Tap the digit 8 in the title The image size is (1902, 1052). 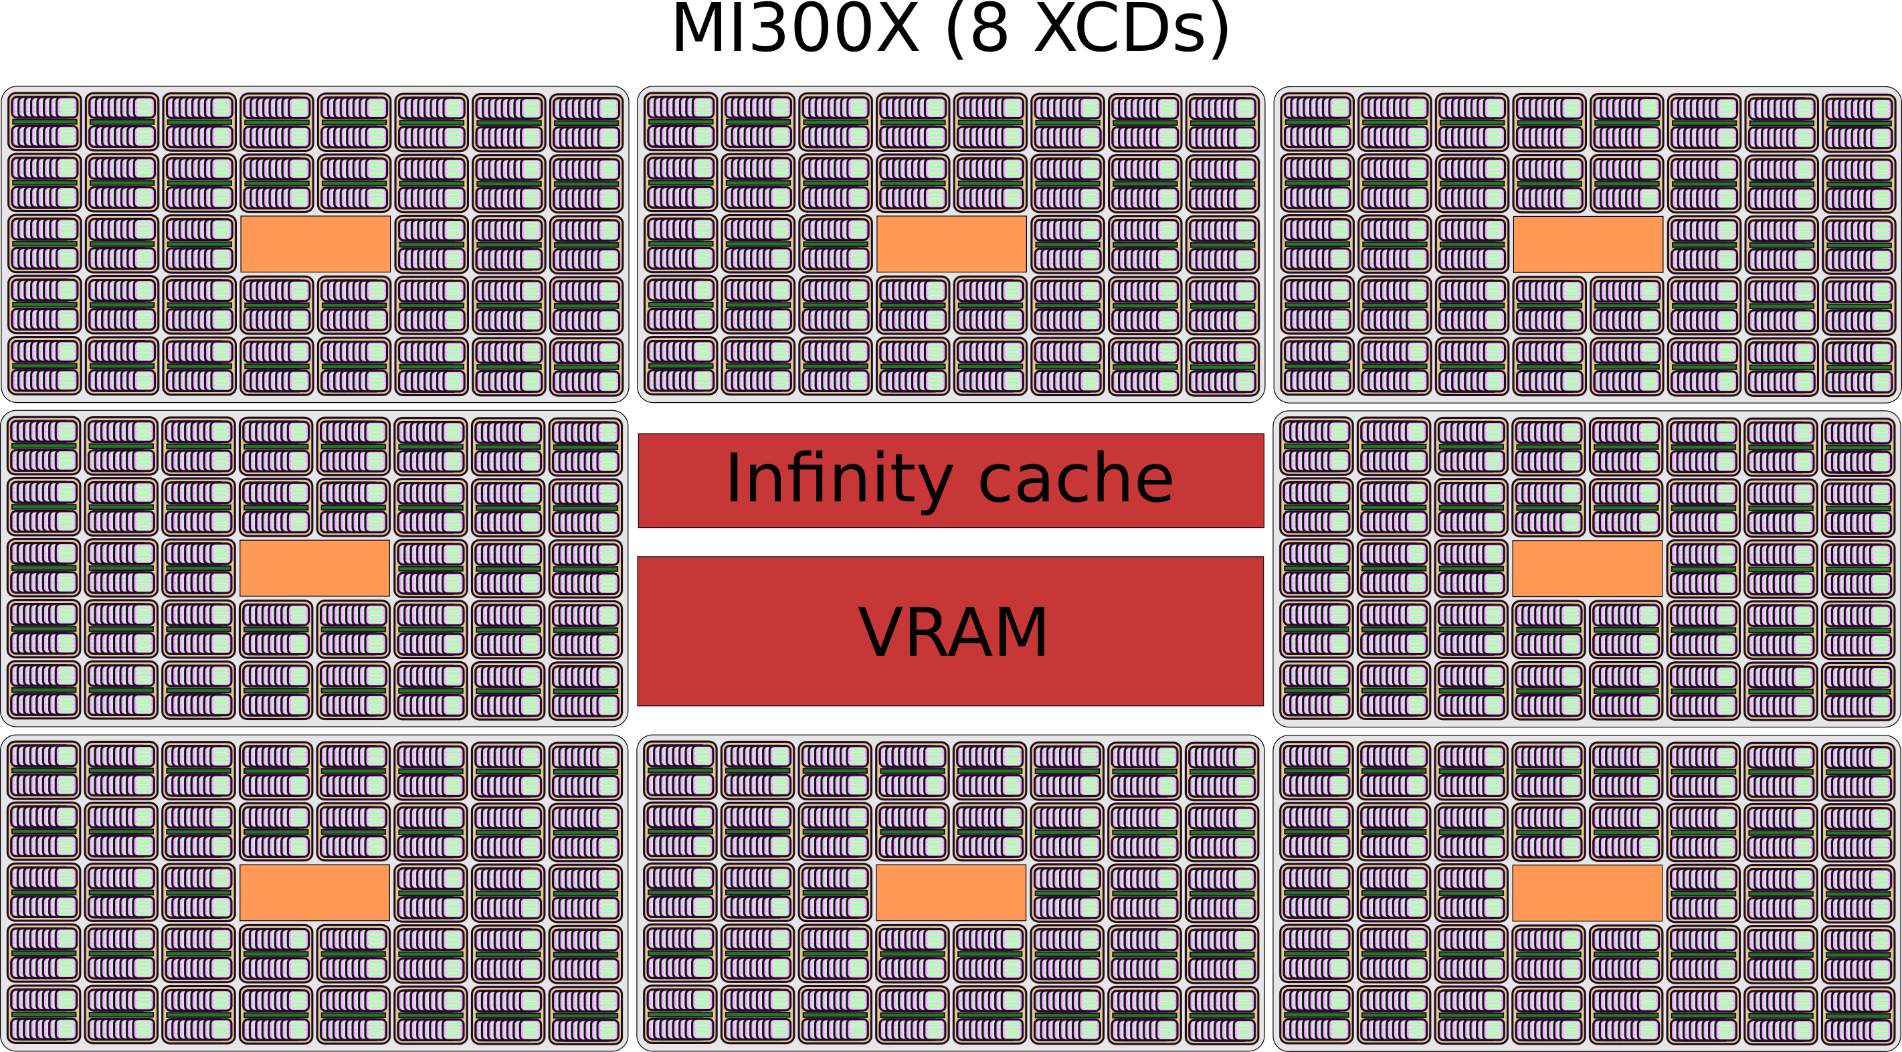pyautogui.click(x=989, y=29)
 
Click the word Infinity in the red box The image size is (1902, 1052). pyautogui.click(x=839, y=478)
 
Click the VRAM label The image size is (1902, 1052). pyautogui.click(x=953, y=632)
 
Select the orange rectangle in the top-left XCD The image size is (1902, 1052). pyautogui.click(x=315, y=244)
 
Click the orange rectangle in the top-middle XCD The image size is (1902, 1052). pyautogui.click(x=951, y=244)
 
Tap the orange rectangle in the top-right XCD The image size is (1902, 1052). pyautogui.click(x=1588, y=244)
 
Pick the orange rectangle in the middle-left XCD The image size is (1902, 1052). pyautogui.click(x=314, y=568)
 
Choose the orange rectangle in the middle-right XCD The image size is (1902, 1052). pyautogui.click(x=1587, y=568)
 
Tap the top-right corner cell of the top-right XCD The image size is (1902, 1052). pyautogui.click(x=1859, y=122)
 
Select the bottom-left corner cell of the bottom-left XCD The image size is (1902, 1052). pyautogui.click(x=44, y=1015)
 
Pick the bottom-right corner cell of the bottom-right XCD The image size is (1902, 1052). pyautogui.click(x=1858, y=1015)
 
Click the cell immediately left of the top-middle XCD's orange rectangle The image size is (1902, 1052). pyautogui.click(x=836, y=244)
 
